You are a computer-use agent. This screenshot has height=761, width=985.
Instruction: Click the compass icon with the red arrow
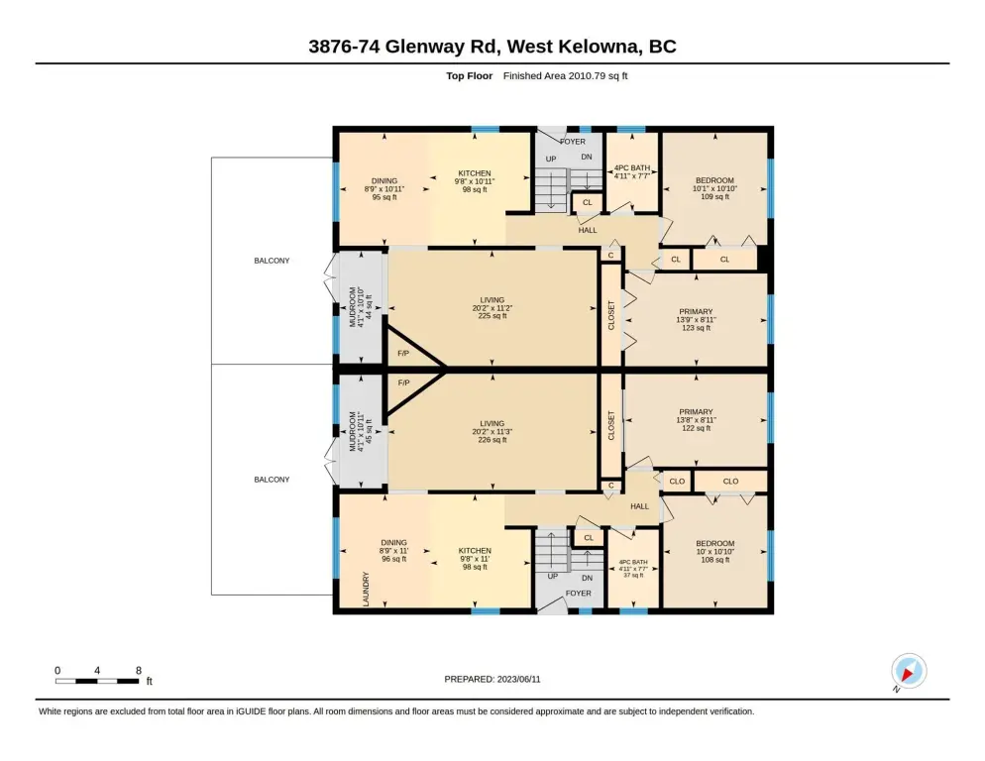click(909, 671)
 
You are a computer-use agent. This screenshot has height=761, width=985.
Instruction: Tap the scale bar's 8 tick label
click(139, 671)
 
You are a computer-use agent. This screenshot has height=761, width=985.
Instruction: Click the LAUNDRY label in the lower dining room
click(367, 589)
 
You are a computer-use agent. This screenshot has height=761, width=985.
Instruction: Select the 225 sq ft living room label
click(492, 308)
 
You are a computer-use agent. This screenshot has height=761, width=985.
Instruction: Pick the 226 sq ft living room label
click(492, 432)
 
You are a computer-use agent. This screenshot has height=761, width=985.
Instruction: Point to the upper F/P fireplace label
click(403, 354)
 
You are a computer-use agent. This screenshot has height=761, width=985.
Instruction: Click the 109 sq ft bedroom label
click(714, 188)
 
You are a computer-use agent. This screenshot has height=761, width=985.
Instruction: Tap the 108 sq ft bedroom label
click(714, 552)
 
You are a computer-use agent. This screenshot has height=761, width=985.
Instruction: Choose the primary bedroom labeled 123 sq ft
click(696, 320)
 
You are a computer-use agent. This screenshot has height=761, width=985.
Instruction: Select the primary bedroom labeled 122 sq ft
click(696, 420)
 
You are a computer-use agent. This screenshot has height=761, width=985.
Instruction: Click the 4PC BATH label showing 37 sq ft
click(633, 569)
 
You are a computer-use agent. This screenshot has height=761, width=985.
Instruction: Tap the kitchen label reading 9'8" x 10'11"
click(475, 181)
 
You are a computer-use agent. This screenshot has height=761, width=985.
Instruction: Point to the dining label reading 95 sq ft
click(384, 189)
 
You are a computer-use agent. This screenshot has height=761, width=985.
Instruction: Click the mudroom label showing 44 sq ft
click(361, 307)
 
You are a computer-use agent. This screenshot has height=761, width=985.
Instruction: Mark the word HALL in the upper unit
click(588, 230)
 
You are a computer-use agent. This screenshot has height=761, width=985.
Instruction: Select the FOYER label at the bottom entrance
click(578, 594)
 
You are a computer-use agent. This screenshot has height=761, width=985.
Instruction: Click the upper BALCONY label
click(272, 261)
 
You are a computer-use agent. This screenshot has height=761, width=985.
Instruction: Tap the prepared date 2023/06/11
click(519, 680)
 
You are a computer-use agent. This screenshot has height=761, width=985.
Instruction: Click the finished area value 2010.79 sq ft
click(598, 76)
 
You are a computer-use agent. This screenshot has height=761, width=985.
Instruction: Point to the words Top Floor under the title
click(470, 76)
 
